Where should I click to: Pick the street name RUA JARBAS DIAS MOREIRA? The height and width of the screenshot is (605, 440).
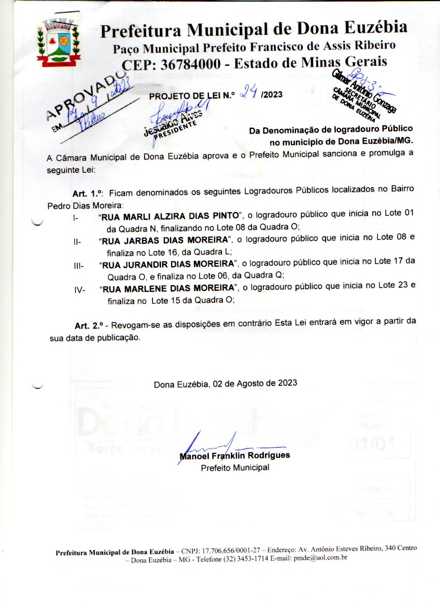point(166,240)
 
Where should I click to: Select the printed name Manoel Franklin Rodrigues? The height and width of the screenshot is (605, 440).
point(234,456)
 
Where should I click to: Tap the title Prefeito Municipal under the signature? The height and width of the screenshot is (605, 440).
point(235,468)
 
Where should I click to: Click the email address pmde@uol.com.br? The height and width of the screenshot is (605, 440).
point(320,558)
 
